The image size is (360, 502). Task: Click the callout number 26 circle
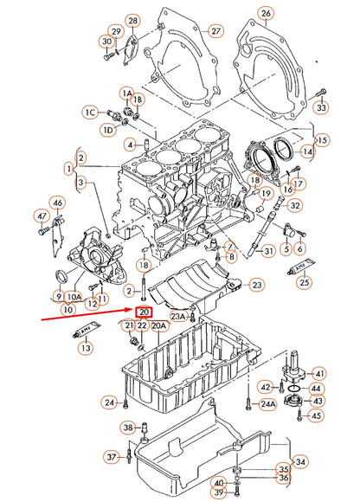(267, 13)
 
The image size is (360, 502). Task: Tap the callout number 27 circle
(215, 31)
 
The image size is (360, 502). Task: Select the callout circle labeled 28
(132, 20)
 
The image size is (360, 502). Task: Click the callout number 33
(321, 108)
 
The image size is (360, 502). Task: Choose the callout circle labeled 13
(85, 347)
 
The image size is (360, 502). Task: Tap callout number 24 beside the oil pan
(108, 402)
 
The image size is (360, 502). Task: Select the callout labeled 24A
(267, 403)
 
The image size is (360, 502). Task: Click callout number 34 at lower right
(299, 462)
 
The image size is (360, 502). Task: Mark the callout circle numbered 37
(111, 456)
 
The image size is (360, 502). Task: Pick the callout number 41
(319, 373)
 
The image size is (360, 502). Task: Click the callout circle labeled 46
(57, 203)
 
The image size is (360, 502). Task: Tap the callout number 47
(40, 216)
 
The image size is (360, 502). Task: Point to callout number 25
(303, 281)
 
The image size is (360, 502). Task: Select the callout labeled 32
(296, 205)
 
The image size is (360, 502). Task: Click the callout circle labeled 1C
(89, 112)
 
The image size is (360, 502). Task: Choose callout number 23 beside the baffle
(256, 284)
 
